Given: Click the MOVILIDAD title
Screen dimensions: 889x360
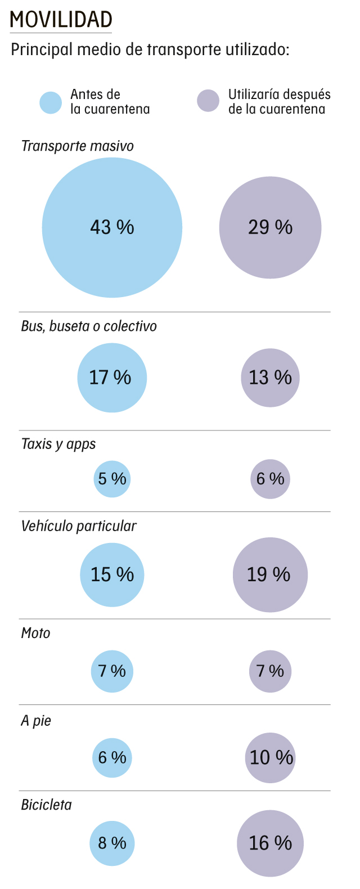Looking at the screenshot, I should coord(61,19).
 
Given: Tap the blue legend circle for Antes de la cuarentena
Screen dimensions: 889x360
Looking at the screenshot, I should coord(51,102).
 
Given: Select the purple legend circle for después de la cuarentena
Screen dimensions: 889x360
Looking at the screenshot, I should coord(208,101).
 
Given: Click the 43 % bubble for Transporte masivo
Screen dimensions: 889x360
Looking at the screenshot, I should coord(112,227).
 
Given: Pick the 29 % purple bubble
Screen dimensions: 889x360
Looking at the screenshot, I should coord(270,227).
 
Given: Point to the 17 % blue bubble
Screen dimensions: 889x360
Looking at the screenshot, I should coord(112,378).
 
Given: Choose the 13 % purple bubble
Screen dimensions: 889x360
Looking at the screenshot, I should coord(270,378).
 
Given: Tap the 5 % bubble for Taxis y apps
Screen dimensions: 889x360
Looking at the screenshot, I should coord(112,479).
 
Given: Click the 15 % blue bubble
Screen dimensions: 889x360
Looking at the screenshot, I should coord(112,574).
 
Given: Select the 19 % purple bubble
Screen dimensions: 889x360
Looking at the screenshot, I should coord(270,574).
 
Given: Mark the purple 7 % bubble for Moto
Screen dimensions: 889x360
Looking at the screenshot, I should coord(270,671).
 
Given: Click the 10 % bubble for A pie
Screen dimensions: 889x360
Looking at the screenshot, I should coord(270,757).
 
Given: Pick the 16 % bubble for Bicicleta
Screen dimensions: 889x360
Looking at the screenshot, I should coord(270,843).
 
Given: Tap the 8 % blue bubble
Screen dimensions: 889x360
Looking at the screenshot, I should coord(112,843).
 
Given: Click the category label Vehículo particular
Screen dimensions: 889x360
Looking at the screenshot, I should coord(79,526).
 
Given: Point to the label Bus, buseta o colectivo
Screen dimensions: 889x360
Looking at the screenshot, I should coord(89,326).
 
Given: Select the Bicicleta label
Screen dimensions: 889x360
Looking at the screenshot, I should coord(47,805).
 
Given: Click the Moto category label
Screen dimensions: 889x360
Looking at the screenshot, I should coord(35,633).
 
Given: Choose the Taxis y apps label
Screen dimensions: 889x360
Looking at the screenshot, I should coord(58,444).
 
